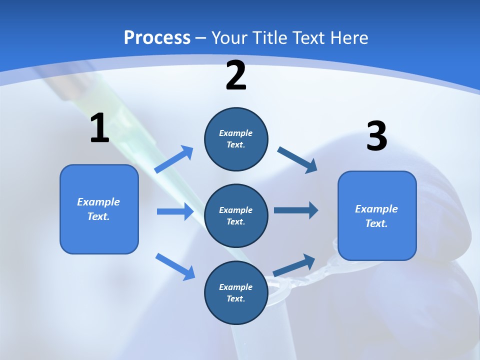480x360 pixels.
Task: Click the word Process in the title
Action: pos(157,38)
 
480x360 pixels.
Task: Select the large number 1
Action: pos(99,128)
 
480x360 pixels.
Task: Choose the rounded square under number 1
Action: pos(99,209)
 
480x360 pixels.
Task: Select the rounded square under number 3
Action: pos(377,216)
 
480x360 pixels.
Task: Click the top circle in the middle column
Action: pos(236,139)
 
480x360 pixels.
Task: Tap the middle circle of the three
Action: pos(236,216)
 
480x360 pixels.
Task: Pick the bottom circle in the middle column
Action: pos(236,293)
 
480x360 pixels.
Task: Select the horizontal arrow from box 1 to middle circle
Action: pos(175,211)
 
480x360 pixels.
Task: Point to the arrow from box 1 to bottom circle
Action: pos(175,266)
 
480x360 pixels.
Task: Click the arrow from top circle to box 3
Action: pos(297,160)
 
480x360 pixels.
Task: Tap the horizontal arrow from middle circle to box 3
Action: pos(296,210)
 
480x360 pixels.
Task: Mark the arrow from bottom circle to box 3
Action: pos(294,265)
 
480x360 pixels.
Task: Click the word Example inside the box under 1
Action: pos(98,202)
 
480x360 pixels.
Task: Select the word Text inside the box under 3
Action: pos(376,223)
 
